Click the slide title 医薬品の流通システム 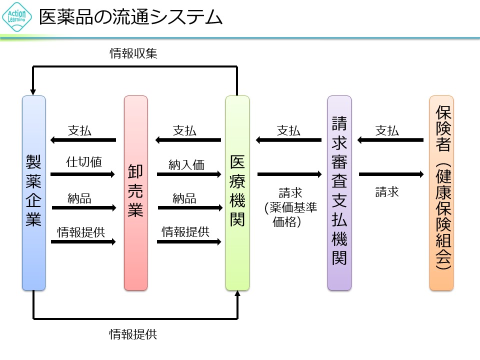pos(130,17)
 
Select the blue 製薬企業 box pos(33,192)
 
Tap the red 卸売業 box pos(135,192)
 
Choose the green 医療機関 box pos(237,192)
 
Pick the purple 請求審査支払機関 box pos(339,192)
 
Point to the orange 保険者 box pos(441,192)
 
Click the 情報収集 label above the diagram pos(133,53)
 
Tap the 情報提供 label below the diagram pos(133,334)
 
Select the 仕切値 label pos(84,162)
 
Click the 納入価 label pos(186,164)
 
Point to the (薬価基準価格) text pos(290,214)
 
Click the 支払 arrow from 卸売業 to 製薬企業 pos(83,140)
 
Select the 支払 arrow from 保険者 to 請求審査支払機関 pos(390,140)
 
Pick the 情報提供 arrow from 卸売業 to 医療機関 pos(189,241)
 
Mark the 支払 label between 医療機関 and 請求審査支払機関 pos(288,131)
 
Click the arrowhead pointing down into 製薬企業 pos(33,91)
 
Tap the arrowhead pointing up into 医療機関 pos(237,294)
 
